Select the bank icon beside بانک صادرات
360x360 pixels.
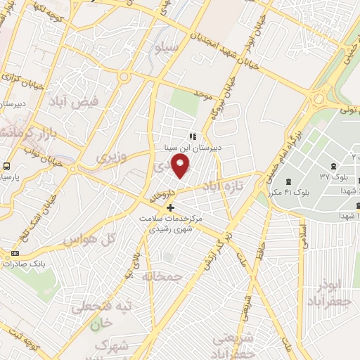click(x=15, y=252)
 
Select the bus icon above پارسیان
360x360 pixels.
click(x=7, y=167)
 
